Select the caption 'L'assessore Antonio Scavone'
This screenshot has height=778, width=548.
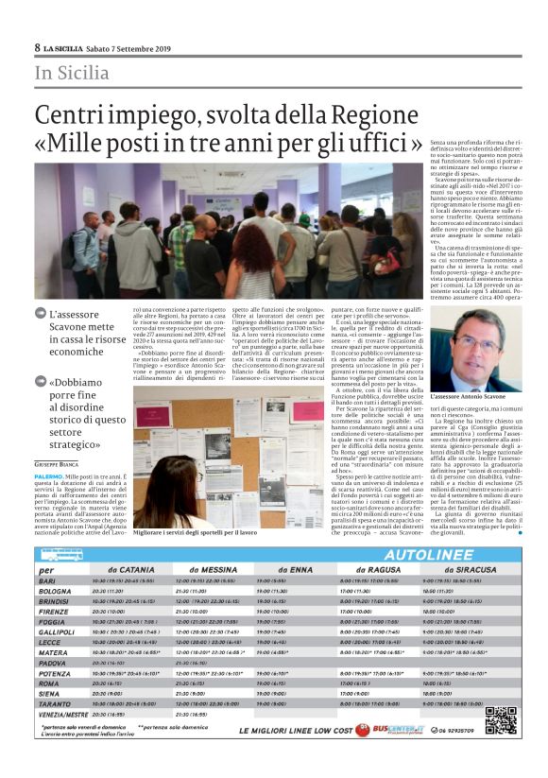(x=468, y=395)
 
